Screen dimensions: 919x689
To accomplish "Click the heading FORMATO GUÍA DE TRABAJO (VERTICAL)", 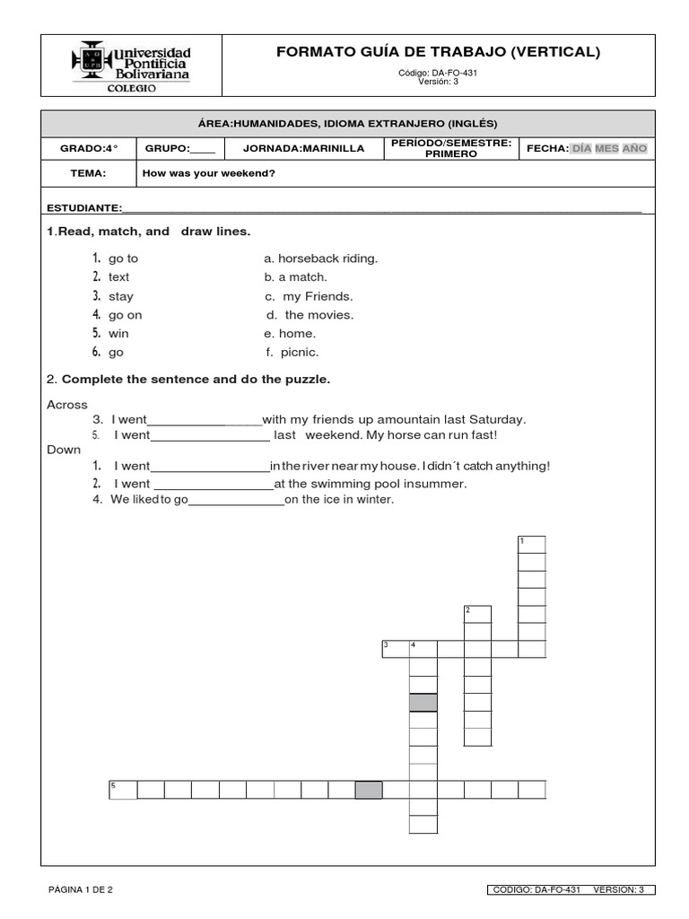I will coord(439,52).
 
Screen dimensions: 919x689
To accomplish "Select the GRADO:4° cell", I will coord(89,148).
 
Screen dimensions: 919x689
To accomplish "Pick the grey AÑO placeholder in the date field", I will coord(634,148).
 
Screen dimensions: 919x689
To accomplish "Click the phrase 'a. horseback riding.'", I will coord(321,258).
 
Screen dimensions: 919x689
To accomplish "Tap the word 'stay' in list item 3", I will coord(121,296).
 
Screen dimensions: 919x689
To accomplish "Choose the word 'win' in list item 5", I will coord(118,334).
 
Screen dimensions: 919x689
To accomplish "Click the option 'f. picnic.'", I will coord(292,353).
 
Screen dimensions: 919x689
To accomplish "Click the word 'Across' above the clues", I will coord(67,405).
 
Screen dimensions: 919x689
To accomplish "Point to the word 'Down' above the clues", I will coord(64,450).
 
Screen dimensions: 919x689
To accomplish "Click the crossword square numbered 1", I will coord(532,544).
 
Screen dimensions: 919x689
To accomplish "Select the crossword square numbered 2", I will coord(477,614).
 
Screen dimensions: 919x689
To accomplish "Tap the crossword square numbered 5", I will coord(123,790).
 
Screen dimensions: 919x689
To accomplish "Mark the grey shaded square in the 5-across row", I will coord(369,790).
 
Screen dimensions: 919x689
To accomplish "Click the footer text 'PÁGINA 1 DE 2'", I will coord(80,890).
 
